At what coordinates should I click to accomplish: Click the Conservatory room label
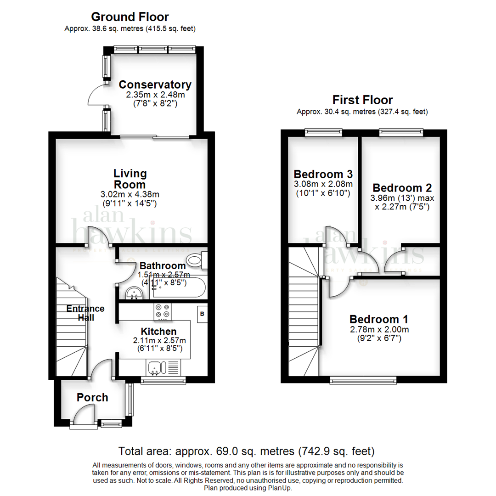point(155,85)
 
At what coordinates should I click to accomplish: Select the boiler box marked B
point(201,313)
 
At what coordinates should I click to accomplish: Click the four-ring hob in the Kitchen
point(162,312)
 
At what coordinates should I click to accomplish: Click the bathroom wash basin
point(134,293)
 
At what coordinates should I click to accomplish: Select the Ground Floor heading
point(130,17)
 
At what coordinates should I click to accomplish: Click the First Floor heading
point(362,100)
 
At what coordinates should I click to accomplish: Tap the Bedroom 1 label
point(379,319)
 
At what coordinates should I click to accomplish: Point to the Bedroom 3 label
point(323,175)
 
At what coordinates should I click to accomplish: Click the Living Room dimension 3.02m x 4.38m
point(130,195)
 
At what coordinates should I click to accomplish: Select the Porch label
point(92,397)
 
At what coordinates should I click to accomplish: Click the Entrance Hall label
point(85,313)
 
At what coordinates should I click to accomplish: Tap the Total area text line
point(247,451)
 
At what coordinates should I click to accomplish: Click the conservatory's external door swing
point(96,95)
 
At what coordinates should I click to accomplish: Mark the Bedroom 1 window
point(363,379)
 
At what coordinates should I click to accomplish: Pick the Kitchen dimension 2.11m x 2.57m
point(159,341)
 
